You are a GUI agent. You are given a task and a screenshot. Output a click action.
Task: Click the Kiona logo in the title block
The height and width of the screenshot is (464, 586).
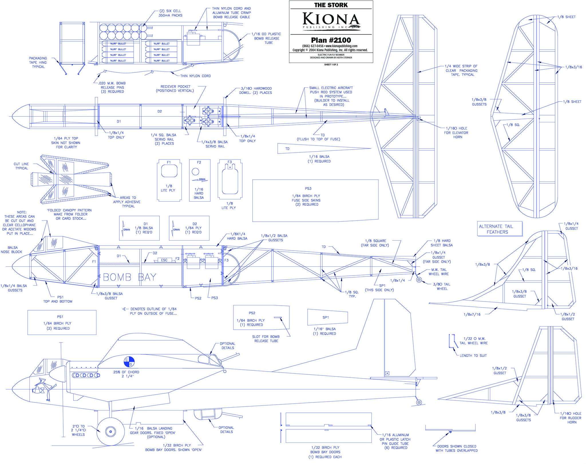pyautogui.click(x=331, y=20)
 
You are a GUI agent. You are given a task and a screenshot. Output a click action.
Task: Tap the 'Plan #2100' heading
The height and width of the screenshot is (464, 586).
pyautogui.click(x=331, y=40)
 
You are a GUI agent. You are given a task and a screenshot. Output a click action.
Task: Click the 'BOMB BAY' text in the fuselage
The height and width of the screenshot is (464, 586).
pyautogui.click(x=130, y=277)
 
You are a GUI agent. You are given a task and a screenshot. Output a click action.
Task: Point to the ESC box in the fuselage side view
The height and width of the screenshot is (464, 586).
pyautogui.click(x=164, y=260)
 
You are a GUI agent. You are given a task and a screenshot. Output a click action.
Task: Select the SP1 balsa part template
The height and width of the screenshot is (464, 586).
pyautogui.click(x=328, y=317)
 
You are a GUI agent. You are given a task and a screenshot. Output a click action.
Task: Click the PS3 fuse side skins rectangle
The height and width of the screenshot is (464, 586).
pyautogui.click(x=315, y=200)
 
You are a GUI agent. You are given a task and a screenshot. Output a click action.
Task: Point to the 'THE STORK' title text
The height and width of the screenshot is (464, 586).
pyautogui.click(x=331, y=5)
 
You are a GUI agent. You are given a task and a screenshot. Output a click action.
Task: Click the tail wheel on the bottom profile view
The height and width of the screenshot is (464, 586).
pyautogui.click(x=419, y=402)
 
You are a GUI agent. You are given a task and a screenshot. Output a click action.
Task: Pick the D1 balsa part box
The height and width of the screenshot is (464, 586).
pyautogui.click(x=139, y=228)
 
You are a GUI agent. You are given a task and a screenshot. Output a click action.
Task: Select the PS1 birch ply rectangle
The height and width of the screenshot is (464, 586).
pyautogui.click(x=62, y=322)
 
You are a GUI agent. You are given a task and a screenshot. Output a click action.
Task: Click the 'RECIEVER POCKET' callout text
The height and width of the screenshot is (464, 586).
pyautogui.click(x=175, y=89)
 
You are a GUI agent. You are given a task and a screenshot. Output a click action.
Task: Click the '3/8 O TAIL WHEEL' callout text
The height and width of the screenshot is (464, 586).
pyautogui.click(x=442, y=286)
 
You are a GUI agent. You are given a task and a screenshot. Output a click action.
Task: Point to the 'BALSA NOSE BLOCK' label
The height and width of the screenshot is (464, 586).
pyautogui.click(x=11, y=249)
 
